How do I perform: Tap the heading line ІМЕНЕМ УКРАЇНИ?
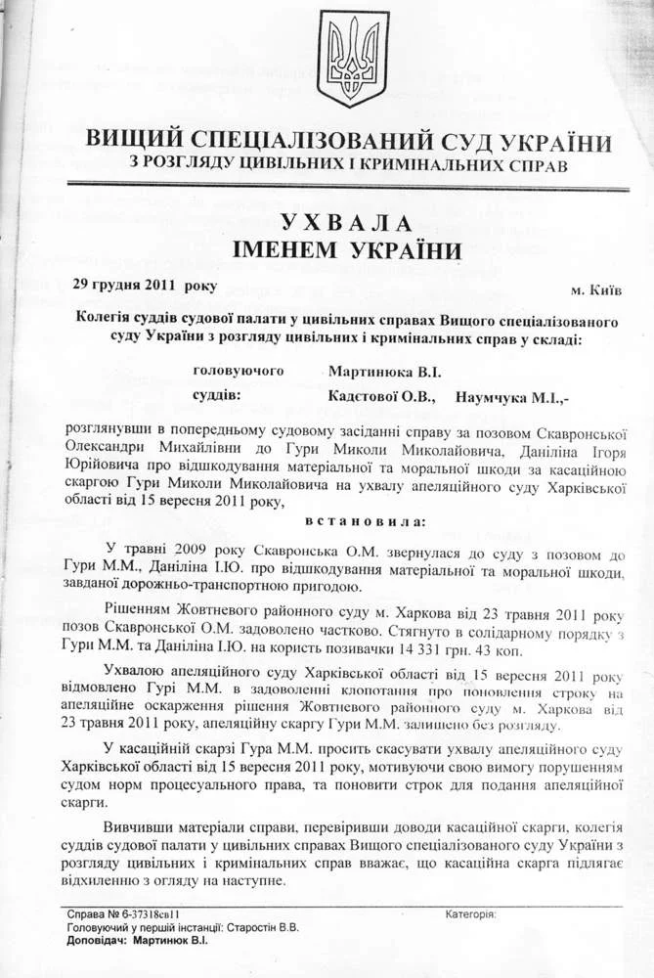coord(348,251)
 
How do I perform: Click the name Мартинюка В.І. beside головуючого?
coord(385,372)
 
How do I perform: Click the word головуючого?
coord(240,371)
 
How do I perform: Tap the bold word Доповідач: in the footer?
coord(95,940)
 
